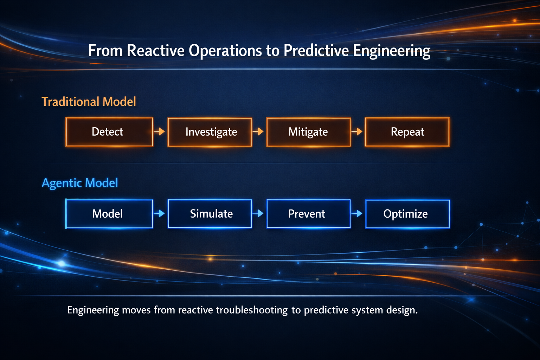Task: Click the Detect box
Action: [x=109, y=132]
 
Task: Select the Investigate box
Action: [x=210, y=132]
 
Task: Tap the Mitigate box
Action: [x=309, y=132]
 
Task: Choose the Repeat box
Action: [x=407, y=132]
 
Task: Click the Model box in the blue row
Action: [x=109, y=214]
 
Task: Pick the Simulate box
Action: [x=210, y=214]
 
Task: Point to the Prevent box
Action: [x=309, y=214]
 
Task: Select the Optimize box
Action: [x=407, y=214]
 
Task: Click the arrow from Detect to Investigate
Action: [x=159, y=131]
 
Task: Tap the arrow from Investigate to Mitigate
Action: [x=258, y=131]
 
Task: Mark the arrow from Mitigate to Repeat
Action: [x=357, y=131]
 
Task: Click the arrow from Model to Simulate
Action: [x=159, y=213]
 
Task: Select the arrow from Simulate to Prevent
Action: [x=258, y=213]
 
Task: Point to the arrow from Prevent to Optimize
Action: [x=357, y=213]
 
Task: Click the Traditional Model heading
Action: [x=89, y=102]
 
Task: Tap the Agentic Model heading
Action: [x=80, y=183]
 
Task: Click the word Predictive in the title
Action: [x=316, y=51]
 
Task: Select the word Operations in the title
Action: [x=225, y=51]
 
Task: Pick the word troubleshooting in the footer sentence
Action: [x=252, y=310]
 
